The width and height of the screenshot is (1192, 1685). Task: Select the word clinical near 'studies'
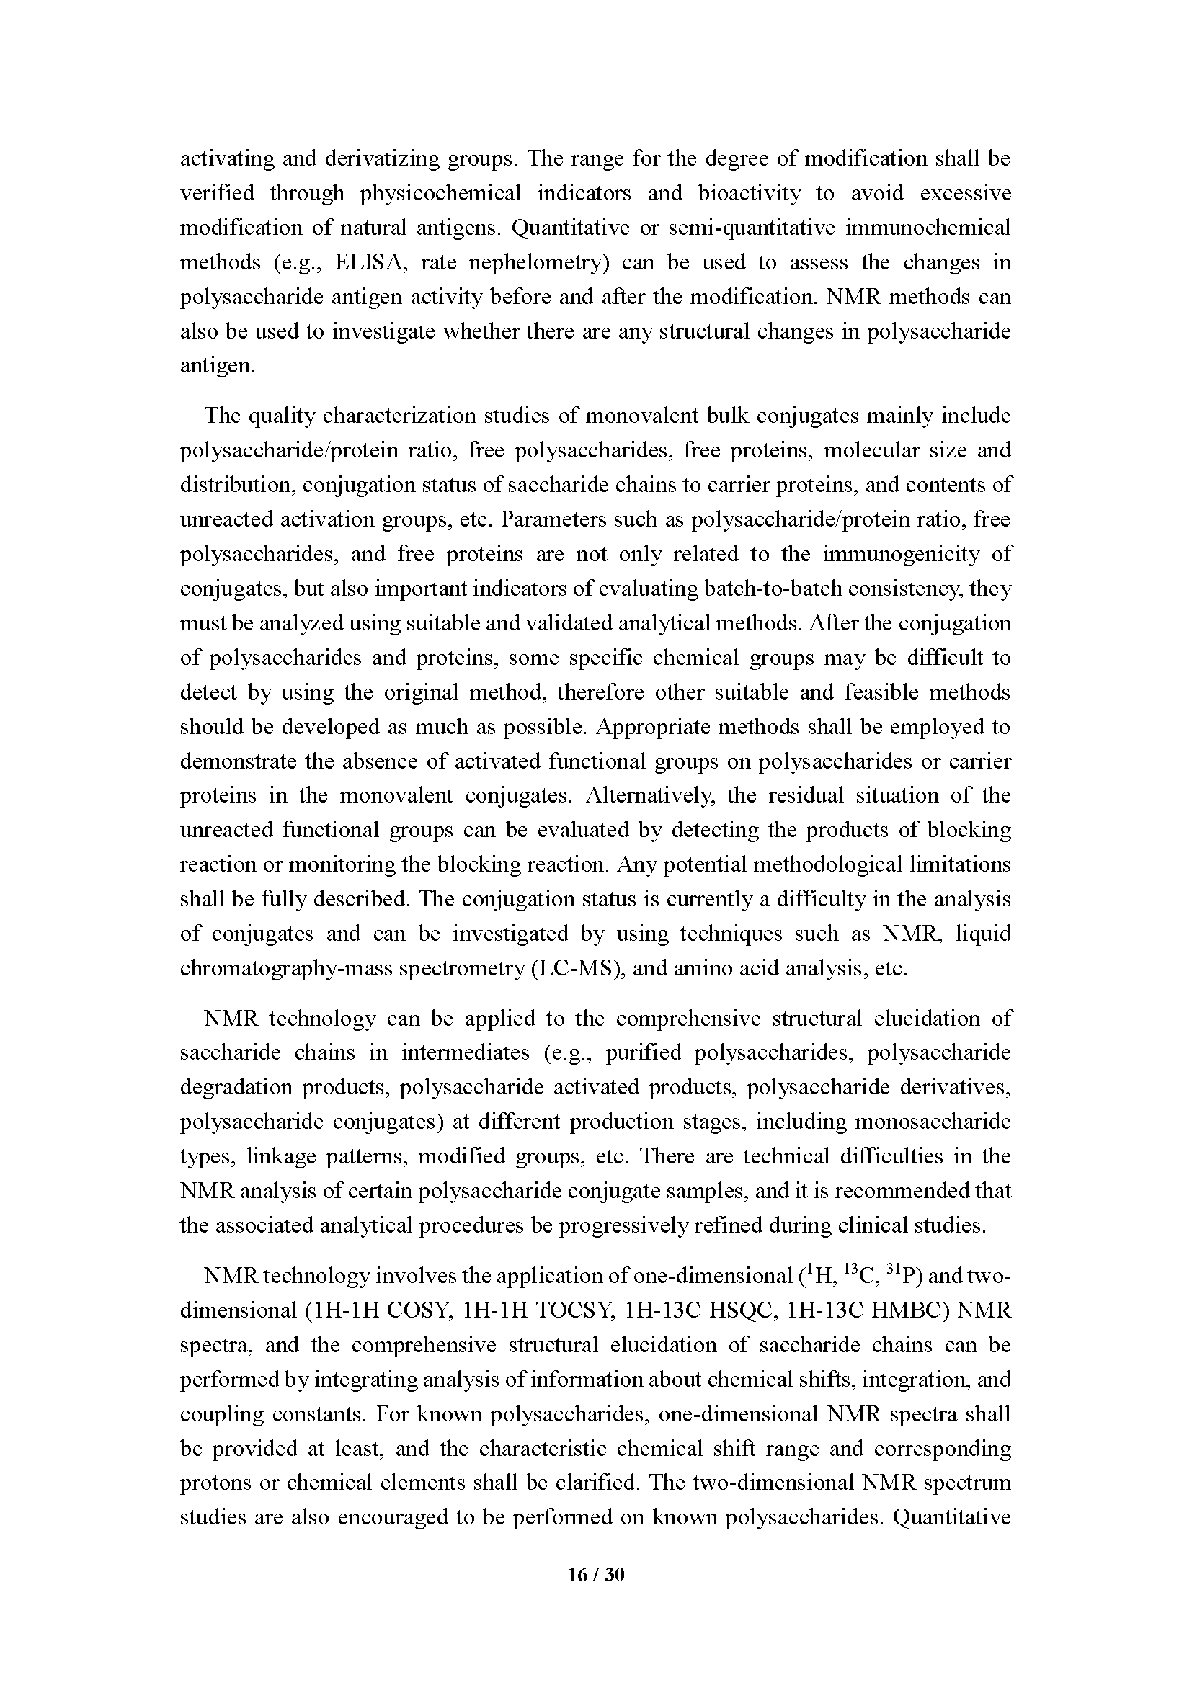coord(871,1225)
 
